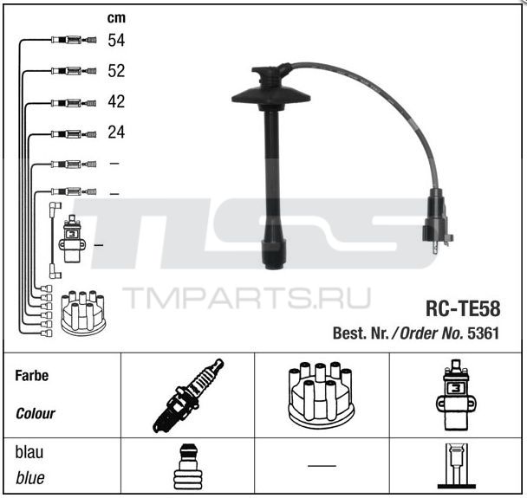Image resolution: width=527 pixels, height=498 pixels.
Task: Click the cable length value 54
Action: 116,40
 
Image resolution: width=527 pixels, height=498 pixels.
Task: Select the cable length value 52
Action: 116,71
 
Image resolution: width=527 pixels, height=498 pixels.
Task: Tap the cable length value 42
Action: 116,101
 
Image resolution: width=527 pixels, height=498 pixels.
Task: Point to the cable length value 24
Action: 116,133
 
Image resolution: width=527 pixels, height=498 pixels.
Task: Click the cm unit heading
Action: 116,18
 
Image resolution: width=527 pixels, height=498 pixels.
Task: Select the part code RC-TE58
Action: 463,308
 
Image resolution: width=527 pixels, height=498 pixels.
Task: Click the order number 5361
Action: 484,333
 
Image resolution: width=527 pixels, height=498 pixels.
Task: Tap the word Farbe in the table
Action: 31,375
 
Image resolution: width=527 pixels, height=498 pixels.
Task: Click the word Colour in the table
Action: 36,413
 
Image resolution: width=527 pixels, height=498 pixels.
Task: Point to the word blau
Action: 29,452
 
